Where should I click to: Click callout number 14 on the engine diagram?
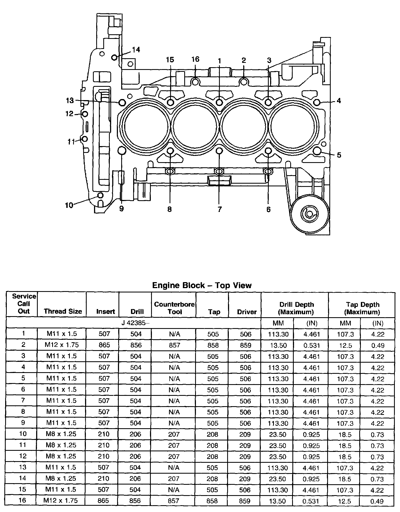point(136,50)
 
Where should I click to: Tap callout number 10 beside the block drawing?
point(69,205)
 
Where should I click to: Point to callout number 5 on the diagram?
point(339,155)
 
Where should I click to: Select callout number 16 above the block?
point(195,59)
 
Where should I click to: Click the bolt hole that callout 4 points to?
point(317,102)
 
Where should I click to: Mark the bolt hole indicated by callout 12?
point(85,114)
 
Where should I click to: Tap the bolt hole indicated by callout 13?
point(122,103)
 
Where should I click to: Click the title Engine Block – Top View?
point(202,285)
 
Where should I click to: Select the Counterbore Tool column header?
point(174,308)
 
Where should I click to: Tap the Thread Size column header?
point(63,311)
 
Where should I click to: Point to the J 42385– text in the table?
point(135,323)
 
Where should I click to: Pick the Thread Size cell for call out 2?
point(62,345)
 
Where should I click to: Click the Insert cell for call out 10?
point(104,434)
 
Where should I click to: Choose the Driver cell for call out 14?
point(245,479)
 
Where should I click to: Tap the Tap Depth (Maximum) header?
point(362,308)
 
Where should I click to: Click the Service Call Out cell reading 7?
point(23,400)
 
